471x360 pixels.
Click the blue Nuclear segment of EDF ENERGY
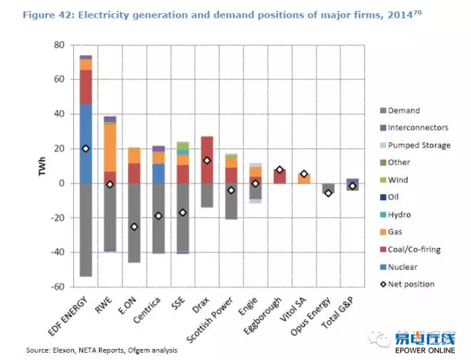point(86,143)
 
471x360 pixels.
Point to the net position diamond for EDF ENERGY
point(86,148)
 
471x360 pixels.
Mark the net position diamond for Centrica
point(158,216)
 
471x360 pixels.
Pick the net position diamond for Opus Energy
point(328,193)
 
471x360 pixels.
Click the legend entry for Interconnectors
point(414,128)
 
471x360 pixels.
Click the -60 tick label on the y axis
point(59,287)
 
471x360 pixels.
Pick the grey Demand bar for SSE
point(182,216)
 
